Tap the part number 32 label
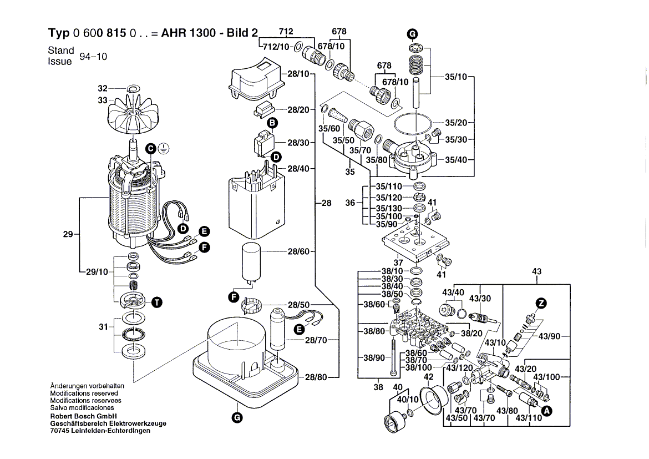(102, 89)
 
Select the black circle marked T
(157, 302)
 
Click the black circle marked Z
(541, 303)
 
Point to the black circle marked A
(546, 411)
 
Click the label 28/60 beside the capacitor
(298, 252)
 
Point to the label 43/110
(528, 417)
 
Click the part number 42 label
(428, 377)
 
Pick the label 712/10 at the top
(276, 47)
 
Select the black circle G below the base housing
(237, 417)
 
